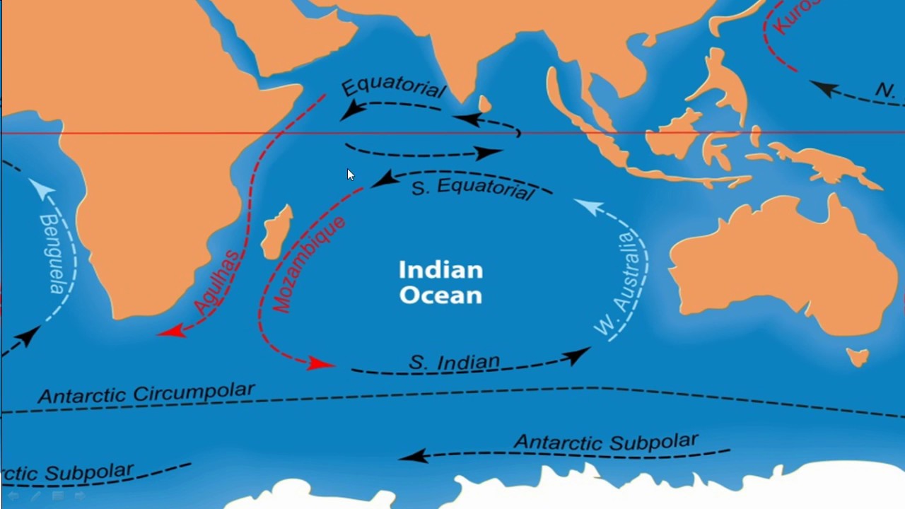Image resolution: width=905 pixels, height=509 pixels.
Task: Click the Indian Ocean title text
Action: tap(440, 281)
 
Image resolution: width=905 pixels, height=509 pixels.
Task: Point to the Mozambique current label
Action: tap(309, 264)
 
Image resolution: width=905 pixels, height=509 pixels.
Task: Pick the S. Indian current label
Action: tap(455, 363)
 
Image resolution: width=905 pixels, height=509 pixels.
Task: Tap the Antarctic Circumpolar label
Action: tap(146, 393)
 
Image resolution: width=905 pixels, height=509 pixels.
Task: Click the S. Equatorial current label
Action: tap(472, 188)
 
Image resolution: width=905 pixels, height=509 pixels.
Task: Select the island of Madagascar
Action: tap(276, 232)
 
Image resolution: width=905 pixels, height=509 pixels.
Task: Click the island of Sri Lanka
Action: tap(484, 104)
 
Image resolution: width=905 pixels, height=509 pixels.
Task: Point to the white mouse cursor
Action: tap(350, 175)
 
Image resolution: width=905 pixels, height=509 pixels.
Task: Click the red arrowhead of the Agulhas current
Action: tap(170, 330)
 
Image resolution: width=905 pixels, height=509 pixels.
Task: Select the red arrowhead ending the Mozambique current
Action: tap(320, 363)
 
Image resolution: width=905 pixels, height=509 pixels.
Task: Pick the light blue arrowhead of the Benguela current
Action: tap(40, 187)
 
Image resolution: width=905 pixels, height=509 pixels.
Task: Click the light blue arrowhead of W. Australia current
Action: tap(588, 206)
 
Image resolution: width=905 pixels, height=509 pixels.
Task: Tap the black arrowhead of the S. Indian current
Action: tap(578, 354)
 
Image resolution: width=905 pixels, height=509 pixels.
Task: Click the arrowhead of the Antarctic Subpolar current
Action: tap(414, 456)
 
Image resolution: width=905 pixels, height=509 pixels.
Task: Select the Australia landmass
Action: tap(778, 262)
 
